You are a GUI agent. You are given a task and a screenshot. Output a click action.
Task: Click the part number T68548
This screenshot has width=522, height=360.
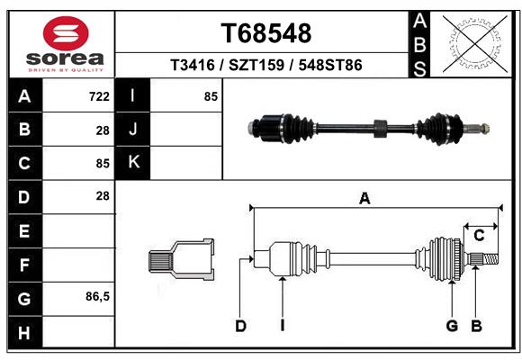266,33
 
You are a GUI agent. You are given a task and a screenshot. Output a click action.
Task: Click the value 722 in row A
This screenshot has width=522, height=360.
99,96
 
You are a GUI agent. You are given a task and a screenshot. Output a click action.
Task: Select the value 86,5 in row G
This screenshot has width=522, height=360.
97,297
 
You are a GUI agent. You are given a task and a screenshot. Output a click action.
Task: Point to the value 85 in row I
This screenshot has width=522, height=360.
211,96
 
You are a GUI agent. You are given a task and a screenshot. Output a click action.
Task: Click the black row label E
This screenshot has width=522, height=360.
24,230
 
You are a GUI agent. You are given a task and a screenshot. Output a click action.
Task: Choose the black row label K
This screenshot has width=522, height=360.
133,163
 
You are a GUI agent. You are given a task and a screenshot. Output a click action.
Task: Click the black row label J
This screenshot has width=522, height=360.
133,130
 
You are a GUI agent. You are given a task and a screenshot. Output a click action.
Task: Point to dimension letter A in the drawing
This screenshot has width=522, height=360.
364,199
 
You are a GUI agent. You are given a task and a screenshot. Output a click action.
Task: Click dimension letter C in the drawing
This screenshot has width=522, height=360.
479,236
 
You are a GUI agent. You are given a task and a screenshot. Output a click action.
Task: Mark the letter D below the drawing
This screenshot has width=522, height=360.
240,326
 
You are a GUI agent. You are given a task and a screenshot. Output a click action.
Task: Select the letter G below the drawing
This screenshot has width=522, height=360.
452,326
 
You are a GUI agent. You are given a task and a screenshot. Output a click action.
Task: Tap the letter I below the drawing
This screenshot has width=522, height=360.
282,326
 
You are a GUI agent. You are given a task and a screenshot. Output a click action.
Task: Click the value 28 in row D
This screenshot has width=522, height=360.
102,196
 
